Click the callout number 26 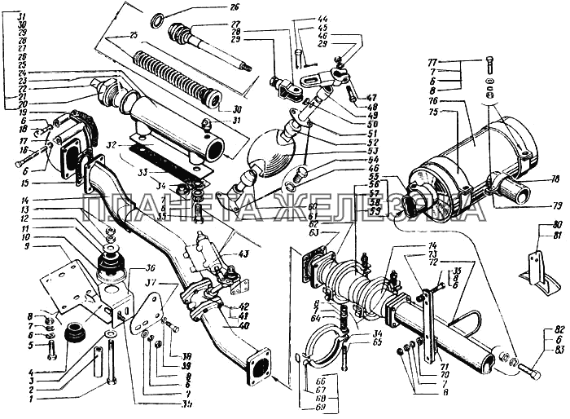(x=214, y=8)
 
